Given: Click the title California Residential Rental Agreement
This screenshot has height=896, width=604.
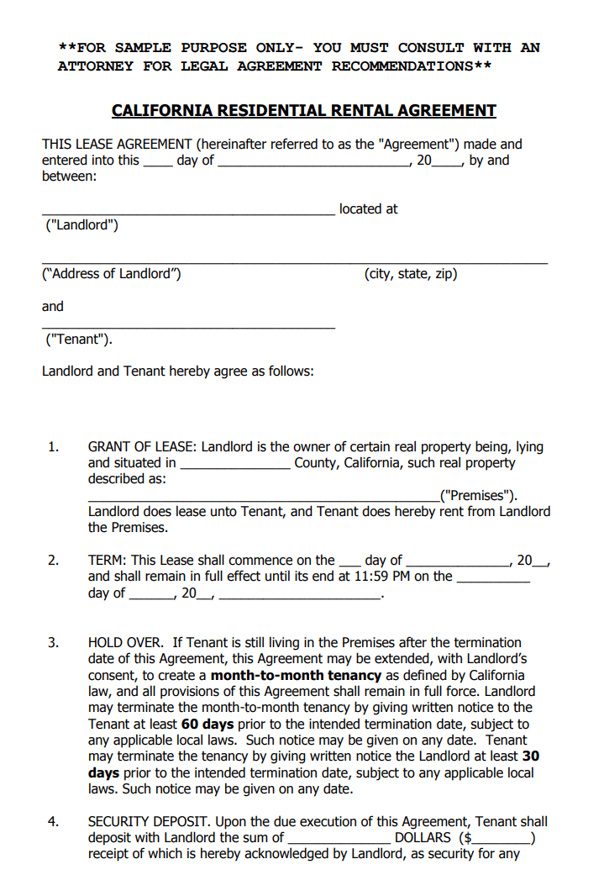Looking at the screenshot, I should coord(303,111).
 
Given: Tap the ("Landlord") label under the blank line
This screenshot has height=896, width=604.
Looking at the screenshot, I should coord(81,225).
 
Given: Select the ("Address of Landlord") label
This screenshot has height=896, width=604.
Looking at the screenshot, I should coord(111,274).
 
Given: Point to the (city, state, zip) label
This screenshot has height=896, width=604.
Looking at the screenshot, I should coord(411,274).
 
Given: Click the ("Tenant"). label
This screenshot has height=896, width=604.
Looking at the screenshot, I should coord(79,340).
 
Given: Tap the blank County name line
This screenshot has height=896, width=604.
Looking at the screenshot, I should coord(235,464).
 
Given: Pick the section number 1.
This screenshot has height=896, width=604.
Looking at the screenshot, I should coord(53,447).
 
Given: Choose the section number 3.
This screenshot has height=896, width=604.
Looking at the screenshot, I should coord(53,643).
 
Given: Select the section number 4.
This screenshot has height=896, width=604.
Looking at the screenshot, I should coord(53,822).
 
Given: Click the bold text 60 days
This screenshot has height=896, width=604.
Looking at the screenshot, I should coord(207,725).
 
